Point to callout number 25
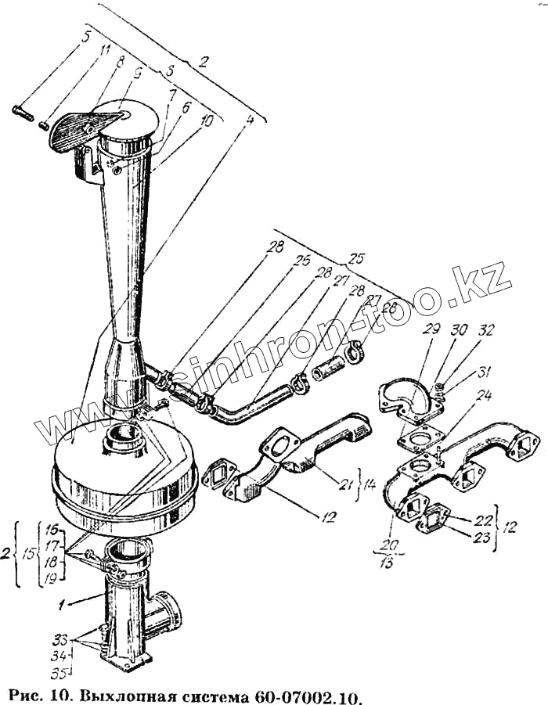click(357, 257)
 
